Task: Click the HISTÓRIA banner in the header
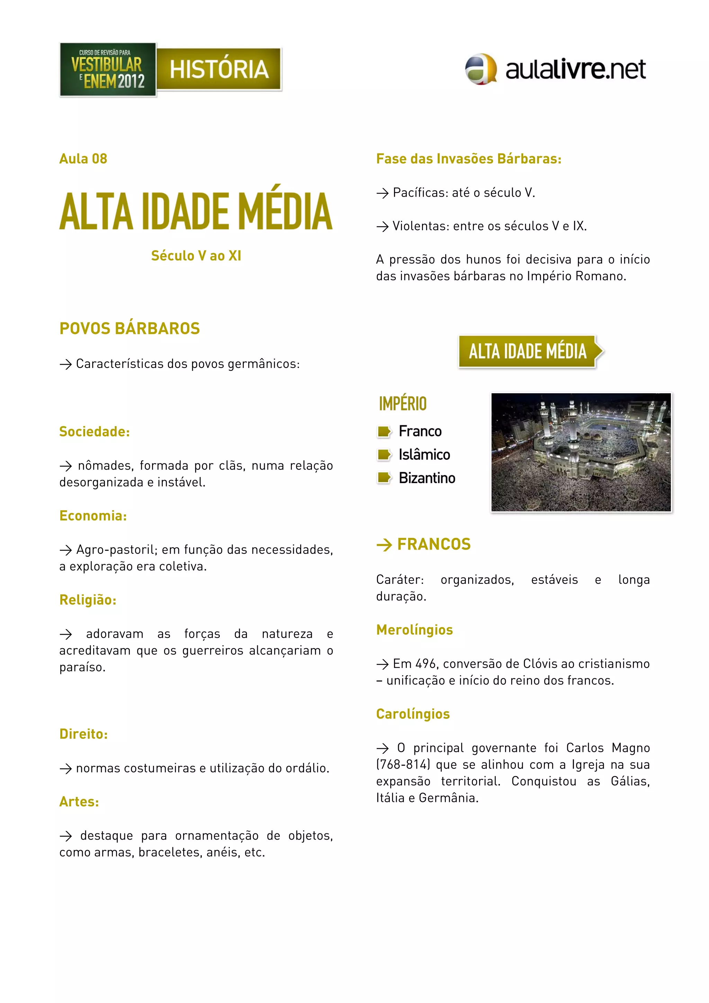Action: [x=218, y=69]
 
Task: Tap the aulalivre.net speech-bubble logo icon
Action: [x=481, y=69]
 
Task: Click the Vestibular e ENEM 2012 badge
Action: [x=108, y=70]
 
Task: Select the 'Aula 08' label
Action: [x=83, y=159]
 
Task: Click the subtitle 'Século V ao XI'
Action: [x=196, y=255]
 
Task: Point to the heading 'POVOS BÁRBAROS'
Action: [x=130, y=328]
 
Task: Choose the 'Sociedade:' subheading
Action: [x=95, y=432]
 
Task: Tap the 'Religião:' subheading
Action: [x=88, y=600]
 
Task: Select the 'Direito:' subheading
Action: [x=84, y=734]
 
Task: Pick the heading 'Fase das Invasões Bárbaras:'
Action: [x=469, y=159]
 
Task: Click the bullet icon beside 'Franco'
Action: [x=384, y=432]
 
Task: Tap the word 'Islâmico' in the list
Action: [x=424, y=455]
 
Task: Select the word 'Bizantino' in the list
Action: [x=427, y=478]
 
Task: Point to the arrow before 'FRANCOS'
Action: [x=384, y=545]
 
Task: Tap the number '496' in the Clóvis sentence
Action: [x=425, y=663]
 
